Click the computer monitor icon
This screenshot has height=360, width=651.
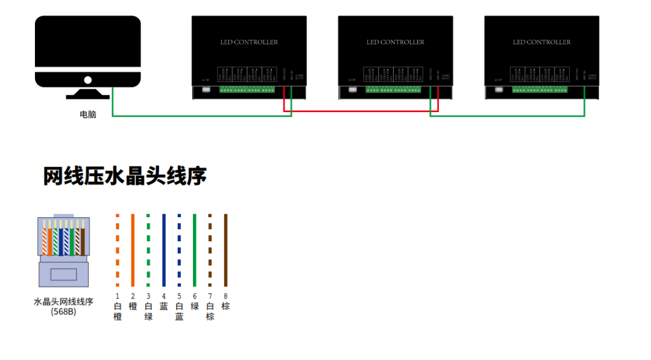point(87,53)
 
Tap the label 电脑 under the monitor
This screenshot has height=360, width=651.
point(88,114)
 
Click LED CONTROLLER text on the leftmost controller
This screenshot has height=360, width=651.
point(249,42)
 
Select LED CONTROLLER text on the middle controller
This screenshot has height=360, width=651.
point(395,42)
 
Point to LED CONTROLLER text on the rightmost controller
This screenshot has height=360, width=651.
point(541,42)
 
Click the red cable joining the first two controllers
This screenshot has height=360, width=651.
point(362,112)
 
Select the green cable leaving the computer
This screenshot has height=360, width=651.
point(199,115)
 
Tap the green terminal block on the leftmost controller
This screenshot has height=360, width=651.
point(247,90)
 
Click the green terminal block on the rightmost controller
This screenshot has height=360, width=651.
point(539,90)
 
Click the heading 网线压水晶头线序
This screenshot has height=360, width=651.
point(125,176)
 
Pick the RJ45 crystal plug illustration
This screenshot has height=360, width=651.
point(63,250)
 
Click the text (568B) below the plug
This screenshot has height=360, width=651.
point(63,312)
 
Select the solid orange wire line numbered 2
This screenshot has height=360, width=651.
point(133,250)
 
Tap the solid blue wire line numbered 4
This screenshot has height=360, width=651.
point(163,250)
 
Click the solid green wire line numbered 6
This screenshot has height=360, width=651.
point(195,250)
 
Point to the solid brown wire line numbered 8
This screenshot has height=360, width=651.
point(225,250)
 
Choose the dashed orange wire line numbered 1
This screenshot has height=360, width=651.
point(118,250)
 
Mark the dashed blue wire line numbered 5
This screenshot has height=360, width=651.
point(179,250)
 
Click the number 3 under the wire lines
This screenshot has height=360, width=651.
point(148,296)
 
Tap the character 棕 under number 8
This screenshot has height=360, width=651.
point(225,306)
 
